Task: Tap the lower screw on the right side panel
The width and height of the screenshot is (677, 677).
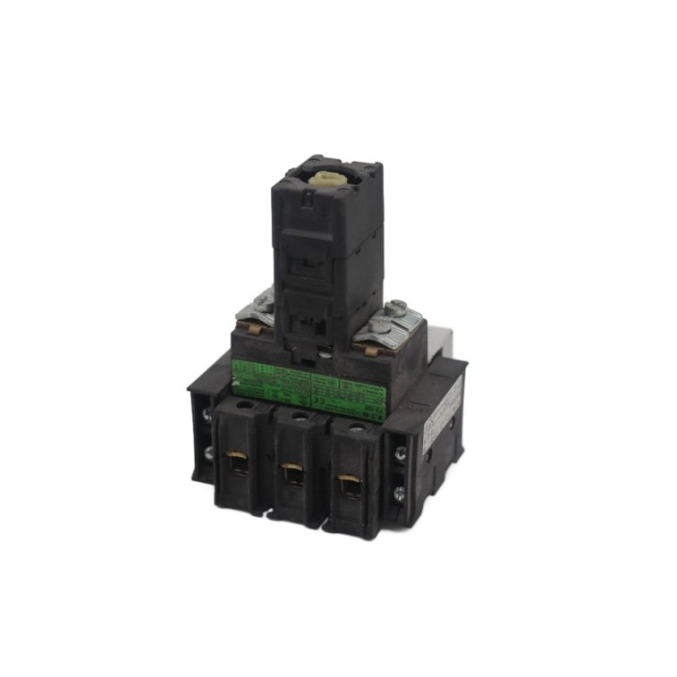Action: point(400,491)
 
